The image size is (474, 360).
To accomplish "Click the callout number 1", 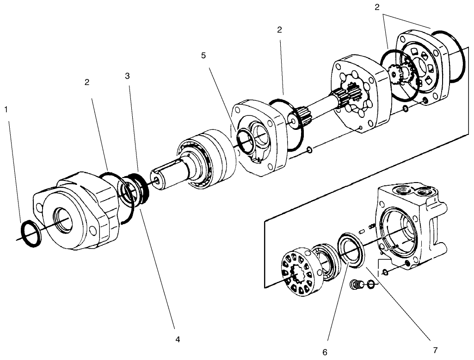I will click(x=6, y=110).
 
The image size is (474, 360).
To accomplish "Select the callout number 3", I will click(x=127, y=76).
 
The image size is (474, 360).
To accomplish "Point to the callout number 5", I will click(x=204, y=55).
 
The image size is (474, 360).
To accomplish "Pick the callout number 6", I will click(x=325, y=352).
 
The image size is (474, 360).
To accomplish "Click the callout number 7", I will click(x=435, y=350).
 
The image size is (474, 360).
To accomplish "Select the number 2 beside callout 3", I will click(x=87, y=82).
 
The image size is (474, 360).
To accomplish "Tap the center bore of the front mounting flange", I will click(x=63, y=218).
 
